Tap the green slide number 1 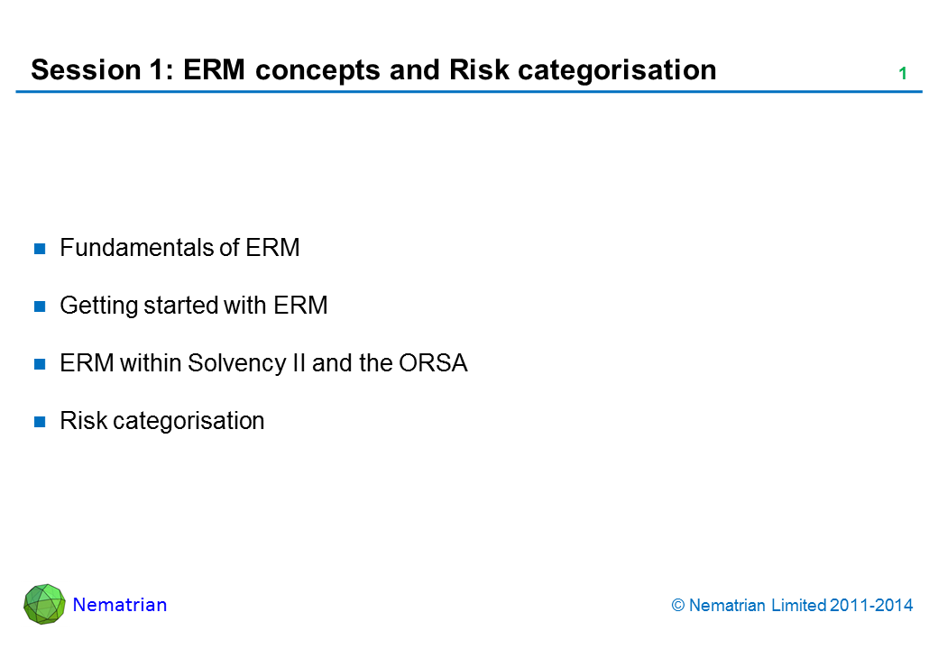point(903,74)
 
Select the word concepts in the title point(317,71)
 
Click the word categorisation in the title point(617,71)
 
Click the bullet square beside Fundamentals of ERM point(40,249)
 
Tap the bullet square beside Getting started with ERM point(40,306)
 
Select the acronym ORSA point(433,363)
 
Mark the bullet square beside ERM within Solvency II point(40,364)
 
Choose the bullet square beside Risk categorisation point(40,422)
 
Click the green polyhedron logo point(44,604)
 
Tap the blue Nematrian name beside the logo point(120,605)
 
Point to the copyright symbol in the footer point(677,606)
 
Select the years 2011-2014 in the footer point(871,606)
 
